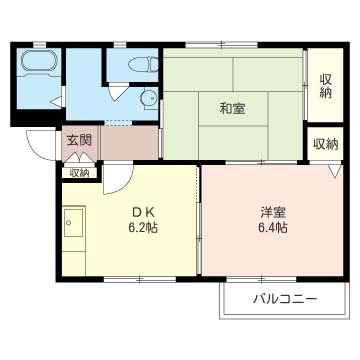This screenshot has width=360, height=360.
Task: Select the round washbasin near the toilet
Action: point(149,98)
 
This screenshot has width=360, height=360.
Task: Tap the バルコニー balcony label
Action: point(284,299)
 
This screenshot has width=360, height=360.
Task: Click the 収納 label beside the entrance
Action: point(79,172)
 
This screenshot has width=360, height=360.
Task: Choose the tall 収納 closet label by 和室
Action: point(326,86)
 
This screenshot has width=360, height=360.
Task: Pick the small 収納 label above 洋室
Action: point(325,144)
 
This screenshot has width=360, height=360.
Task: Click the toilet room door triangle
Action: point(120,92)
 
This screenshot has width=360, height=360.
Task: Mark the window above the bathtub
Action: point(37,45)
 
